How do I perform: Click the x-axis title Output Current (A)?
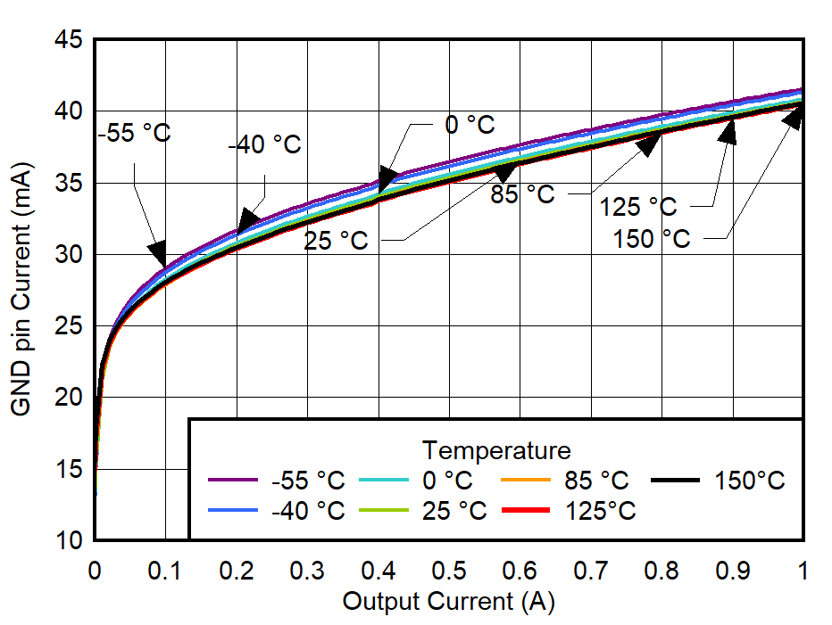[448, 601]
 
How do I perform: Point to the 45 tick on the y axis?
[71, 40]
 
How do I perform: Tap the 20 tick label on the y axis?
[71, 398]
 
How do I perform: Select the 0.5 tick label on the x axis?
[449, 570]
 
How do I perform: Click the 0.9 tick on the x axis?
[733, 570]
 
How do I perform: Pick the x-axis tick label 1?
[803, 570]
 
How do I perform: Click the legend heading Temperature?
[496, 448]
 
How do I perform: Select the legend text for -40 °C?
[307, 511]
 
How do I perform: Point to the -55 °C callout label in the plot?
[134, 133]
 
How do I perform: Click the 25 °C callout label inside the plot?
[336, 241]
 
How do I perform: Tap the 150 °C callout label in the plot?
[651, 239]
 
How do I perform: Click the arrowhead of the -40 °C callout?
[247, 221]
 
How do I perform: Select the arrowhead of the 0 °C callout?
[386, 176]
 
